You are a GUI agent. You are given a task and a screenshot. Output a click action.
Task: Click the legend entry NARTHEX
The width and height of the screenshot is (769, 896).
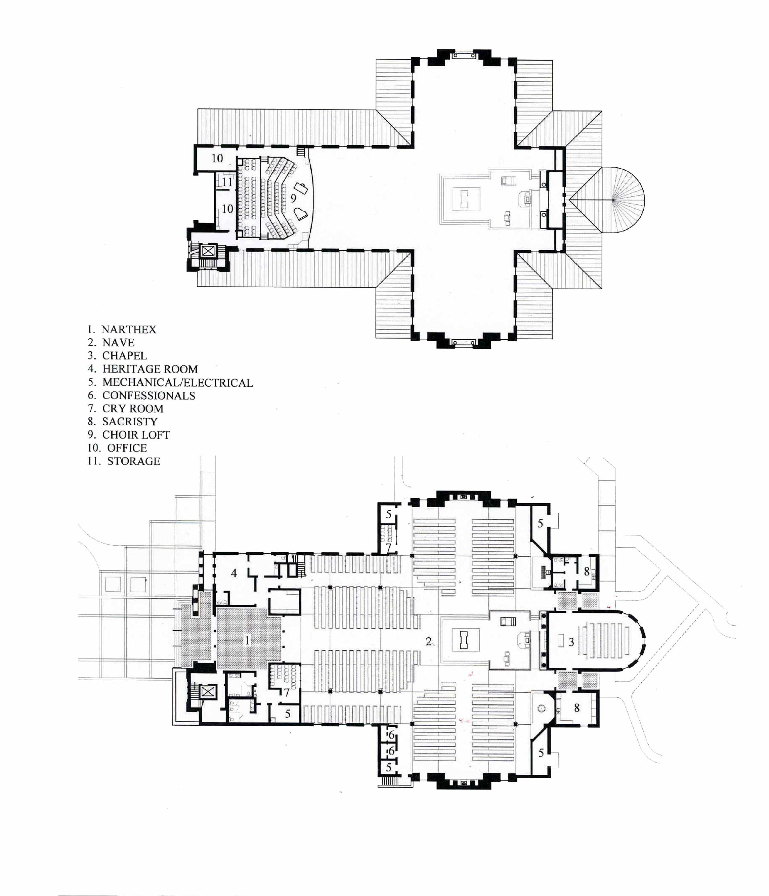122,330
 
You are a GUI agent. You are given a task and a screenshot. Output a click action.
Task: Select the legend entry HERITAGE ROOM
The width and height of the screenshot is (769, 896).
143,369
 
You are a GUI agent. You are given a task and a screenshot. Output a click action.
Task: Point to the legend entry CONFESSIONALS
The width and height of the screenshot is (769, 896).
141,395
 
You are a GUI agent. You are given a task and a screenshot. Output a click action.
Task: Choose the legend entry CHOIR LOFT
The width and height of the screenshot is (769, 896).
129,435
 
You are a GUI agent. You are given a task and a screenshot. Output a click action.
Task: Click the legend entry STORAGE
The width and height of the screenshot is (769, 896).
124,461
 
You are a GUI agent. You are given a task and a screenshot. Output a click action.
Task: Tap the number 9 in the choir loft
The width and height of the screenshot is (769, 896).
293,199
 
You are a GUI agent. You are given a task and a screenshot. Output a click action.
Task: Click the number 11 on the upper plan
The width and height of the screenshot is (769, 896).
227,182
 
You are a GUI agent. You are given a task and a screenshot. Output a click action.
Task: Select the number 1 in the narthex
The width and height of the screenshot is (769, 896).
247,640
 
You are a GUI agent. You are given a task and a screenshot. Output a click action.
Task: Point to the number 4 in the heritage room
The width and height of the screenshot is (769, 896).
234,573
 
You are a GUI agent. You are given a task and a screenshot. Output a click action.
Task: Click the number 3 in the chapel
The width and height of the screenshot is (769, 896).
571,642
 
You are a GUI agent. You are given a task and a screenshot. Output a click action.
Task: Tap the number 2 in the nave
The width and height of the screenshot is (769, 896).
428,641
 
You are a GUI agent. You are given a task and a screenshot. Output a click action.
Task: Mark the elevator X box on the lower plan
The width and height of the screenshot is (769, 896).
208,692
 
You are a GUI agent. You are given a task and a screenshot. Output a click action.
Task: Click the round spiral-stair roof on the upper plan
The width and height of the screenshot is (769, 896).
618,200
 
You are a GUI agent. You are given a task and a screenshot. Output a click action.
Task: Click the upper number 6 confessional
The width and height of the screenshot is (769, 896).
391,735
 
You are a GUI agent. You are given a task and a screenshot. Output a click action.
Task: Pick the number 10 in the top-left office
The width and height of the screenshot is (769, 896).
217,158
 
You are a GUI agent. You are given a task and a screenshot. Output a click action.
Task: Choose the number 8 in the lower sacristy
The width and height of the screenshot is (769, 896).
576,708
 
